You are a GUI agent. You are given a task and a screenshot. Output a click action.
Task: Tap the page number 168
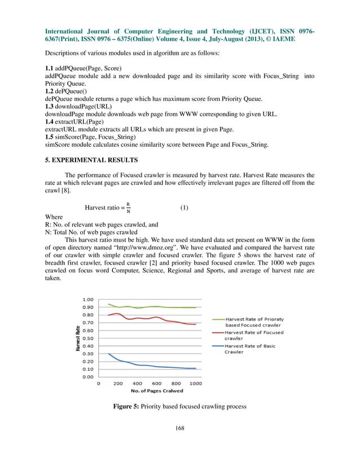tap(179, 427)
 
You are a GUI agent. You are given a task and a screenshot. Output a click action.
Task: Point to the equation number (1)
tap(184, 208)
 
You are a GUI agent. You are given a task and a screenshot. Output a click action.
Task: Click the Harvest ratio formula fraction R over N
tap(128, 208)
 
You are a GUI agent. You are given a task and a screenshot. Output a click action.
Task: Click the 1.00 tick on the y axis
tap(88, 299)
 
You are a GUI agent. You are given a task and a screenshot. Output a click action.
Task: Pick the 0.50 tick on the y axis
tap(88, 338)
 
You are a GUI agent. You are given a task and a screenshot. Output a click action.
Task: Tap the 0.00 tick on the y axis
tap(88, 376)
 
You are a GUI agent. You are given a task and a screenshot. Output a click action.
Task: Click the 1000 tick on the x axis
tap(196, 384)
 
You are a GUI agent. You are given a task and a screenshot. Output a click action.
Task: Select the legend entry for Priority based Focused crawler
tap(254, 322)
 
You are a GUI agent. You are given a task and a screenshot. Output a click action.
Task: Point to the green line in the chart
tap(147, 307)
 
